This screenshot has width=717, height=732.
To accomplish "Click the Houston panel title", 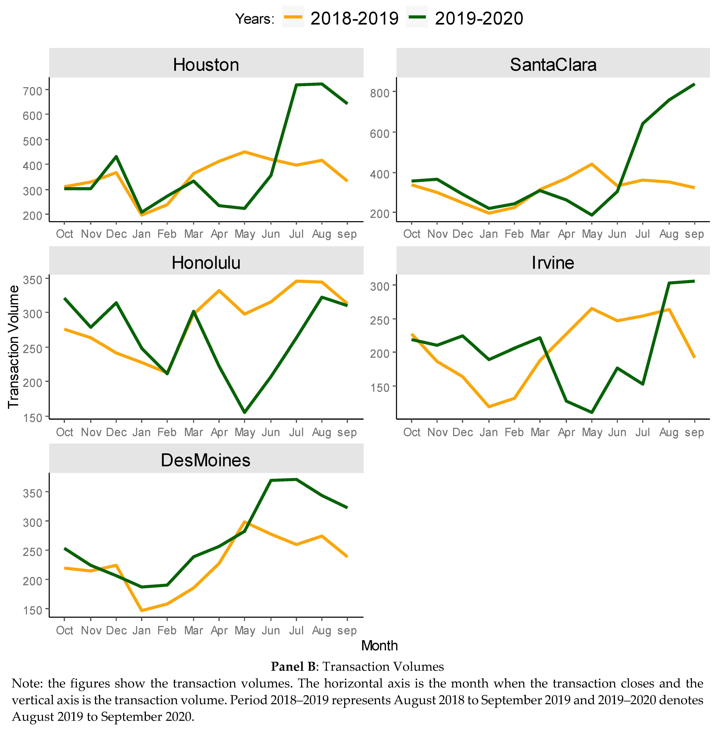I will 206,65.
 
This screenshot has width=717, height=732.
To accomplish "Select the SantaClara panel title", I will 553,65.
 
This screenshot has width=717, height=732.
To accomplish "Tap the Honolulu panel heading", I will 206,263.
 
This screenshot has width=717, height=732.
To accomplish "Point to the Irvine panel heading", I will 553,263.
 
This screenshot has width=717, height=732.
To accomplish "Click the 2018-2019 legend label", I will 354,18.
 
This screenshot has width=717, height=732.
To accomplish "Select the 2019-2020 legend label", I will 479,18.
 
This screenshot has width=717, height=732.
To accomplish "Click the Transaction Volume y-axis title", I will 14,346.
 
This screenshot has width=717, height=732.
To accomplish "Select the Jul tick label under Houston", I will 296,234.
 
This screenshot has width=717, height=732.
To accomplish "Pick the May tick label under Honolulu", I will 245,432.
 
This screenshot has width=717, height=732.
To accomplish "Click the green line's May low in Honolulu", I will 245,412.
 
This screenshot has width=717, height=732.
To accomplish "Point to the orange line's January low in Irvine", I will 489,407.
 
